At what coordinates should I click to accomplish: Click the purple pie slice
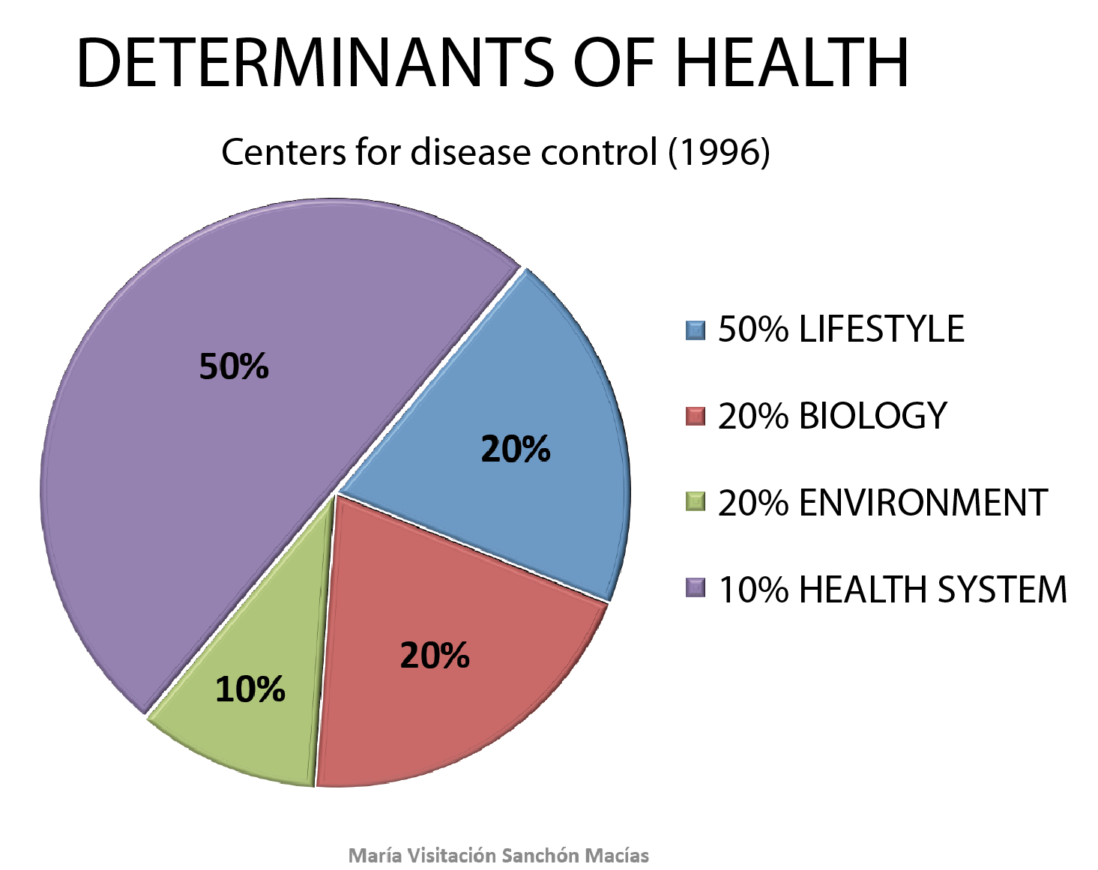tap(225, 450)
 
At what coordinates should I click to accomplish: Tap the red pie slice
tap(450, 674)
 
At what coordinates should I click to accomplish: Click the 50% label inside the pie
tap(234, 366)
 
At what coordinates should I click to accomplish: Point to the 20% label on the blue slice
tap(516, 449)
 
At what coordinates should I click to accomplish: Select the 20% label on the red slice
tap(435, 656)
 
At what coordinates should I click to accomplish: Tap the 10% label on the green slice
tap(250, 689)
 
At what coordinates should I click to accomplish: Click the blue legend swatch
tap(696, 330)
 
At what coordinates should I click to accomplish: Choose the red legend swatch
tap(696, 417)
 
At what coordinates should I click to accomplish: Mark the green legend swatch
tap(696, 502)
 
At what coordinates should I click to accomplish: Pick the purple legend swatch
tap(696, 588)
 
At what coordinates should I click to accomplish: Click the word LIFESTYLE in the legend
tap(881, 330)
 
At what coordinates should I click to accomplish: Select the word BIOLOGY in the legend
tap(873, 416)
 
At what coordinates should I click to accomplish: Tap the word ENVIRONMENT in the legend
tap(923, 503)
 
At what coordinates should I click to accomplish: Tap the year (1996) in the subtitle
tap(719, 152)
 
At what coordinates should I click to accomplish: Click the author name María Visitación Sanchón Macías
tap(499, 855)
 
